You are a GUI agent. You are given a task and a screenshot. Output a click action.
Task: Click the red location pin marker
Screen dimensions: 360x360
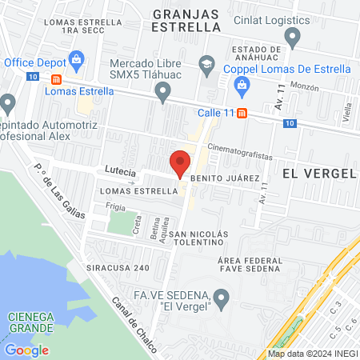pos(181,162)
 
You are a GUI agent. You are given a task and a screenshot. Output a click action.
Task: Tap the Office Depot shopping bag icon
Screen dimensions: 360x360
pos(77,58)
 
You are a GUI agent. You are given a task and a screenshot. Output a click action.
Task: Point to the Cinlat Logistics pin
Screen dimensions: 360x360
pos(293,36)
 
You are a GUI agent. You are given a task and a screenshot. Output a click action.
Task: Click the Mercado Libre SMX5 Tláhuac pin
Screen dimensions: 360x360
pos(164,95)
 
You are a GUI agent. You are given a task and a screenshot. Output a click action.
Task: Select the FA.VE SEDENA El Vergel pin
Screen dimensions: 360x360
pos(222,299)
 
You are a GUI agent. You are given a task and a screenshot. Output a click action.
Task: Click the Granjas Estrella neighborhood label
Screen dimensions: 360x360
pos(186,20)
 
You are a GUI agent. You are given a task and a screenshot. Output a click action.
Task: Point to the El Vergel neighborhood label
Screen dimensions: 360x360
pos(318,172)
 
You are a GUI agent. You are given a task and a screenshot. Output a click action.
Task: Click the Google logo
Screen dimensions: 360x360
pos(26,350)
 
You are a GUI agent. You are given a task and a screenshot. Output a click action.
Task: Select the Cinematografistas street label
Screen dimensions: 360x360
pos(238,148)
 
